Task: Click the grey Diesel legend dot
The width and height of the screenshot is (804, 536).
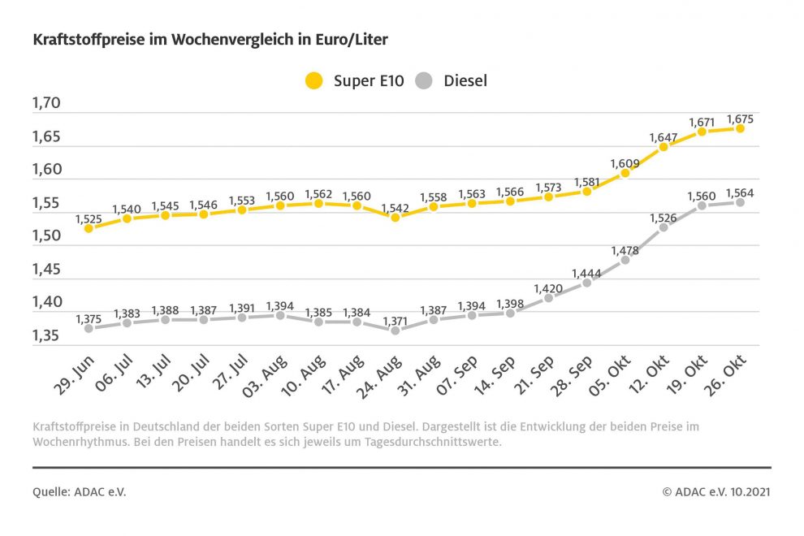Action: (424, 81)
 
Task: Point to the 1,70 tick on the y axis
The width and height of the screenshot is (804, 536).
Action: (46, 103)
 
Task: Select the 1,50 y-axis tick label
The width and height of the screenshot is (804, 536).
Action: (46, 236)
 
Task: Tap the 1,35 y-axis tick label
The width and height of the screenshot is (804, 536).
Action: (46, 336)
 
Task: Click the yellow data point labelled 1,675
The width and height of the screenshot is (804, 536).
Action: (741, 128)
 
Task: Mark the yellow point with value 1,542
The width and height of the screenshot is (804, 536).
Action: (396, 217)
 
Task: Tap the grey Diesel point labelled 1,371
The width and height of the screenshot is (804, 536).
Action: (396, 331)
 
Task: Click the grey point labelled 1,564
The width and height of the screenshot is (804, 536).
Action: (741, 202)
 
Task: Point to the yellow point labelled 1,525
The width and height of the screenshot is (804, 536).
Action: (89, 228)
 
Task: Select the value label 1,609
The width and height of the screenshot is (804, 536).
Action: (625, 163)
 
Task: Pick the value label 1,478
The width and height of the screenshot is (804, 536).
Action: (625, 250)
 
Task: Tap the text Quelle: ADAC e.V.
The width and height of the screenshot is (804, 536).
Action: (80, 492)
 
